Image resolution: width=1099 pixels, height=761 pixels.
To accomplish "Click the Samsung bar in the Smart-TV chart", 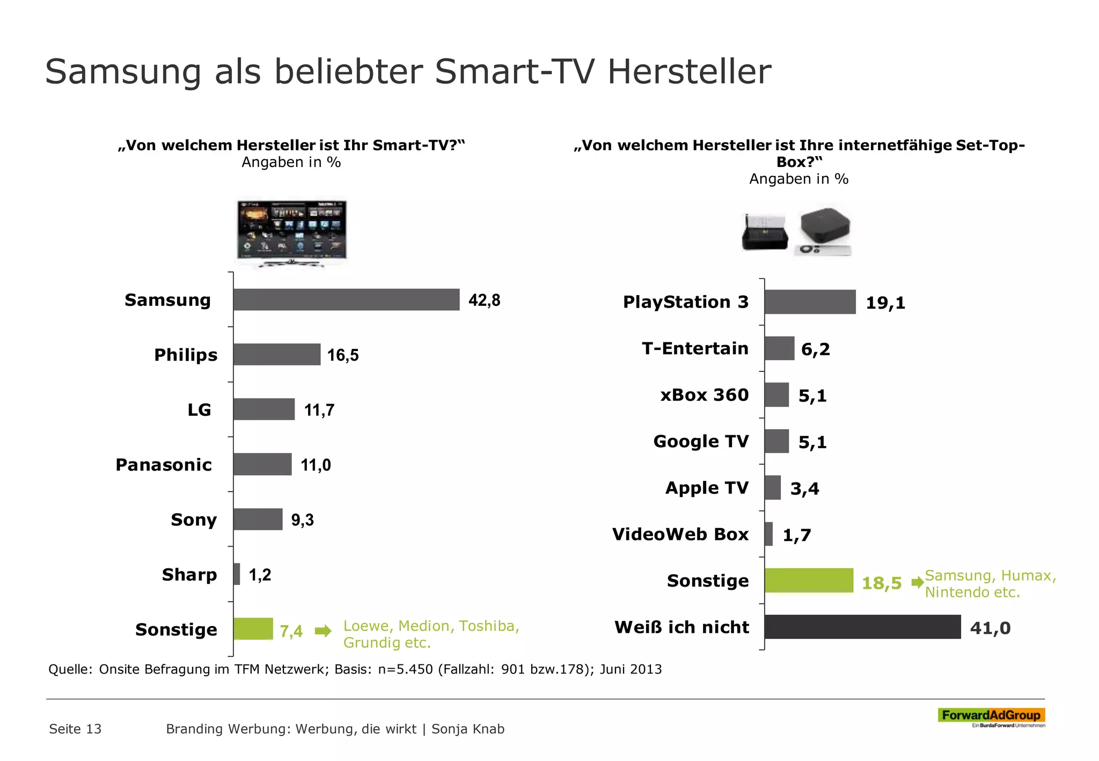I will [x=346, y=299].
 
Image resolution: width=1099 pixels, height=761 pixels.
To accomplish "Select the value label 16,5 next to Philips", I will [x=343, y=355].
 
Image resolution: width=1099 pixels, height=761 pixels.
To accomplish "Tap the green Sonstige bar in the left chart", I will [x=253, y=629].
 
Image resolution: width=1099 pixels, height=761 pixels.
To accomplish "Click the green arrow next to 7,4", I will [x=323, y=631].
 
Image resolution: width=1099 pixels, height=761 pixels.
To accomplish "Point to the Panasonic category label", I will [x=164, y=465].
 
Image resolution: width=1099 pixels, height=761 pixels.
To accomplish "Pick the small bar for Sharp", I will [x=237, y=574].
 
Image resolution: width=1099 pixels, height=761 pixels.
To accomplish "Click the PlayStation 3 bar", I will [x=810, y=302].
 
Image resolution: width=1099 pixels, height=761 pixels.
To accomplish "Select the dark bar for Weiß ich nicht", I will [x=862, y=627].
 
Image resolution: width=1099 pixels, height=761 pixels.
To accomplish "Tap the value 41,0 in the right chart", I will [x=990, y=628].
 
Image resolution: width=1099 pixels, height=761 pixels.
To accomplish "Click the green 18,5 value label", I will [x=881, y=583].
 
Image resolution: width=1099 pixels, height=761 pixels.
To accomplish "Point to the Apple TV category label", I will [x=707, y=488].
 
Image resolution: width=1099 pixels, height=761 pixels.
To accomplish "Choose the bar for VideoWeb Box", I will [x=769, y=534].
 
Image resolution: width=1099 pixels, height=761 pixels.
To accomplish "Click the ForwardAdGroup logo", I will [x=991, y=716].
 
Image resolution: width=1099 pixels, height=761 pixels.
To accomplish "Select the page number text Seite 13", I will [x=75, y=729].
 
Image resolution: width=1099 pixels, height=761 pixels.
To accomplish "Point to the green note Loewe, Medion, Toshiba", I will [x=431, y=626].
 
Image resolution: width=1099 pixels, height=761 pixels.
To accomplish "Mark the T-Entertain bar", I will [x=779, y=348].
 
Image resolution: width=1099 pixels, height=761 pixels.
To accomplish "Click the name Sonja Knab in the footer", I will [x=468, y=729].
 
